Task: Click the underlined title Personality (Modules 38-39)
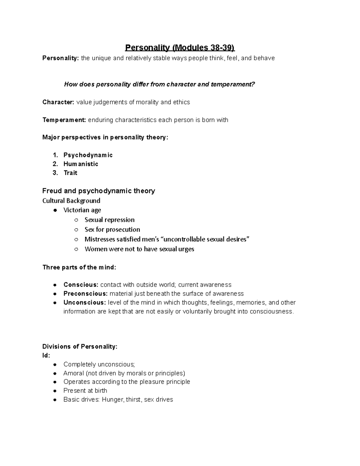(x=180, y=48)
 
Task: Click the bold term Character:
(x=58, y=102)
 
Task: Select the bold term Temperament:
(x=64, y=120)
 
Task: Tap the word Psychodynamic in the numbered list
(x=88, y=155)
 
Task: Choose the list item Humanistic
(x=81, y=164)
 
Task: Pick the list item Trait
(x=70, y=173)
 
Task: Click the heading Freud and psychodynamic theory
(x=98, y=191)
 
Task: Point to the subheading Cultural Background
(x=71, y=201)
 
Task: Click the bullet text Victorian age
(x=82, y=210)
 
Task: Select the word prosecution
(x=123, y=230)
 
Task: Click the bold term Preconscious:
(x=85, y=293)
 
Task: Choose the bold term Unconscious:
(x=85, y=302)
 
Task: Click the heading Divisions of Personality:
(x=80, y=347)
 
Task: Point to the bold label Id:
(x=46, y=356)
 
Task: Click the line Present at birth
(x=85, y=391)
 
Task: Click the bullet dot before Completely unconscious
(x=55, y=365)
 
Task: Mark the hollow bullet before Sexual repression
(x=76, y=220)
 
